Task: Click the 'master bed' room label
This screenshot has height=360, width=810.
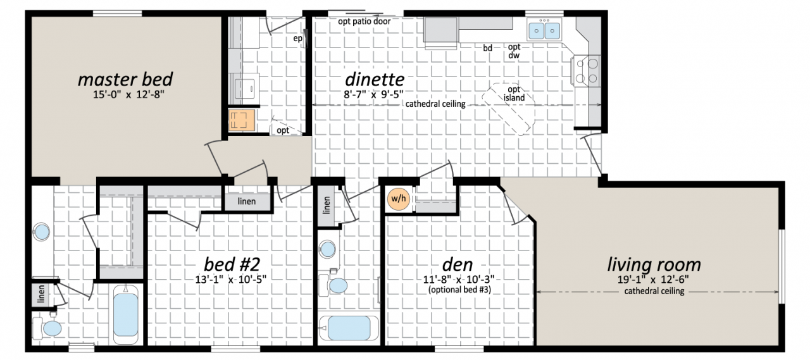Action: [125, 80]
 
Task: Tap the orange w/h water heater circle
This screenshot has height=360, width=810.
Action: [398, 199]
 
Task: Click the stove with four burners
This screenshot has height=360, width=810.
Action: [585, 70]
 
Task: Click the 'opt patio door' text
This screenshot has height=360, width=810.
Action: [364, 21]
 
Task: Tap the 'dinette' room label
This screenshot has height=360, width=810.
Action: [374, 80]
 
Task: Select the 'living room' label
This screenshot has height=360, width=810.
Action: [654, 264]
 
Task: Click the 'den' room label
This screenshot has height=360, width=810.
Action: [458, 263]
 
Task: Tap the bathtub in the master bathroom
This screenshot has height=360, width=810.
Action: [126, 314]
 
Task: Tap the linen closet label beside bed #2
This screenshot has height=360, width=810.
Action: [246, 201]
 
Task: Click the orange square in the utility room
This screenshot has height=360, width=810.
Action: [241, 120]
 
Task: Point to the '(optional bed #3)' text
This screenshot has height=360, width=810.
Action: [458, 290]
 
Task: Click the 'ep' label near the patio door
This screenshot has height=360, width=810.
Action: [296, 38]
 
